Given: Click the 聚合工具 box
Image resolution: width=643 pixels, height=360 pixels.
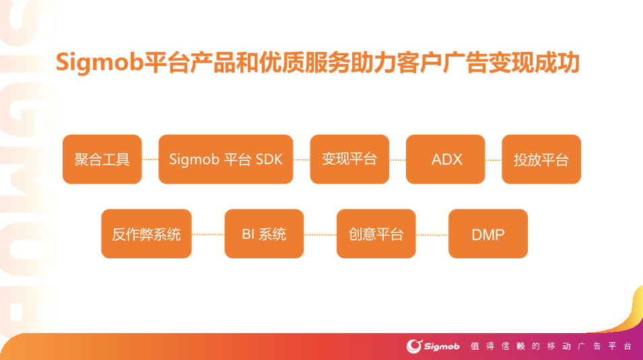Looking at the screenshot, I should click(x=102, y=159).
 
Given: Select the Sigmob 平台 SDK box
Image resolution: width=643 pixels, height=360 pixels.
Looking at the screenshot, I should click(x=226, y=159).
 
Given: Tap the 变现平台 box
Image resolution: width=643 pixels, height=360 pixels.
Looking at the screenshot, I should click(x=349, y=159).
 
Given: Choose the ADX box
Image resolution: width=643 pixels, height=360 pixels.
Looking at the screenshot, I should click(x=446, y=159).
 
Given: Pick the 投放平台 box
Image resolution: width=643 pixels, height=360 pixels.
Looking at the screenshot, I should click(x=541, y=159).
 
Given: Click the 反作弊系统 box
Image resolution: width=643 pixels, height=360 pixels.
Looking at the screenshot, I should click(x=146, y=234).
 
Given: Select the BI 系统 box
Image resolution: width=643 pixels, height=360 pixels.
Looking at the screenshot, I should click(x=264, y=234).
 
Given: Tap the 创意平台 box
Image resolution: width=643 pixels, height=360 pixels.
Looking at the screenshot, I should click(x=376, y=234).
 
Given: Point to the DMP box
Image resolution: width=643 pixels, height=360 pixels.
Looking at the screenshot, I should click(x=488, y=234).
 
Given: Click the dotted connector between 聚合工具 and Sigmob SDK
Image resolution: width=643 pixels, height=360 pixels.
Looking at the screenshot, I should click(x=150, y=160).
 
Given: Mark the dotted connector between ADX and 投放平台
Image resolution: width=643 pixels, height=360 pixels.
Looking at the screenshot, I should click(x=494, y=160).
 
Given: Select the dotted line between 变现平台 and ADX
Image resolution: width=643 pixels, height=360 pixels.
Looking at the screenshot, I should click(x=397, y=160).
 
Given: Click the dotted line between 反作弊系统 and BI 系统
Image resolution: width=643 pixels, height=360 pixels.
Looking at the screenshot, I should click(x=208, y=234).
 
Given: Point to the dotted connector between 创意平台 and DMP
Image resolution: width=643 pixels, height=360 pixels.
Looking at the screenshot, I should click(x=432, y=234).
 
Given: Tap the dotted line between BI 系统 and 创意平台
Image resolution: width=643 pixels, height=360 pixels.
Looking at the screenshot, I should click(x=320, y=234).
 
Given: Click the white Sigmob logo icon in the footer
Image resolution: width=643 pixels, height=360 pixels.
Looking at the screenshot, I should click(x=414, y=346).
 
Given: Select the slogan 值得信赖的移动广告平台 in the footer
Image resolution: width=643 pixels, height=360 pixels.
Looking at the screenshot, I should click(x=551, y=346).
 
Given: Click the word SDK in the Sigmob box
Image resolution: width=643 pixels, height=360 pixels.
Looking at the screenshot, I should click(x=269, y=159).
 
